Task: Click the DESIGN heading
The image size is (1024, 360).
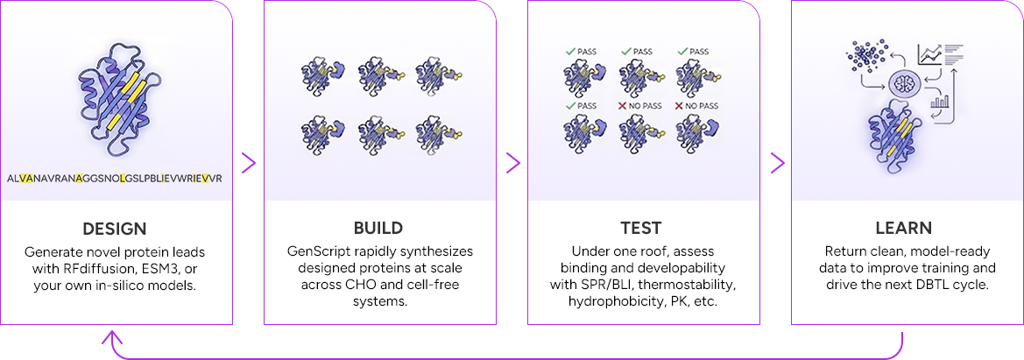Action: tap(115, 229)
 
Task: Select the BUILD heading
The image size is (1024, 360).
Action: tap(378, 229)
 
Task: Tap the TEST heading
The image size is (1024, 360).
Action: tap(642, 229)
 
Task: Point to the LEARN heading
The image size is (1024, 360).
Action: tap(905, 229)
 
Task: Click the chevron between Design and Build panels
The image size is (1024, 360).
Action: tap(249, 163)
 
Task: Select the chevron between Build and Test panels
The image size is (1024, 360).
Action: tap(512, 163)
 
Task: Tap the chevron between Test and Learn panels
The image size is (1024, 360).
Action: tap(776, 163)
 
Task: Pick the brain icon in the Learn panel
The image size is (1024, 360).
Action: tap(904, 85)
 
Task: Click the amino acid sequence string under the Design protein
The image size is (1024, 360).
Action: tap(115, 178)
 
